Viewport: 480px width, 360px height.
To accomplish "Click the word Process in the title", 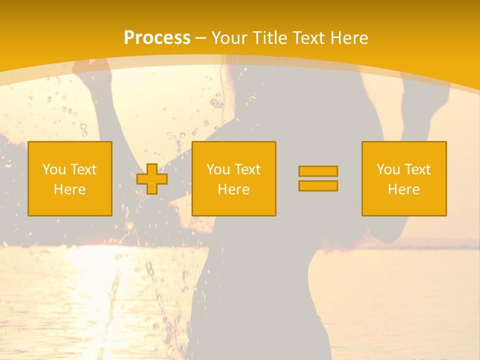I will coord(157,38).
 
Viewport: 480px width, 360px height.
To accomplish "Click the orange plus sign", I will coord(152,179).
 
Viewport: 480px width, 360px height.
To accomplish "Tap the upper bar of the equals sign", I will coord(318,171).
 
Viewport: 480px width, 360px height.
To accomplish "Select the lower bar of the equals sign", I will coord(318,185).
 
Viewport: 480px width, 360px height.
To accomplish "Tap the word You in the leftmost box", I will coord(53,169).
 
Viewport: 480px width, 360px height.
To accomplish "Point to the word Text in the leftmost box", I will coord(83,169).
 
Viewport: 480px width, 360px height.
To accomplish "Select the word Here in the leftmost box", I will coord(70,189).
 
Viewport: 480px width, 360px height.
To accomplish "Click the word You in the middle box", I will coord(217,169).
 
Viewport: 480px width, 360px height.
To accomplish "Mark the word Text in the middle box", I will coord(247,169).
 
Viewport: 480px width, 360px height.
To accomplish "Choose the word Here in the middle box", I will coord(234,189).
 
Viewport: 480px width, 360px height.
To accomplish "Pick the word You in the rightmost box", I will coord(387,169).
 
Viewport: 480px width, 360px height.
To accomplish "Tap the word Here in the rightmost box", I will coord(404,189).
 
